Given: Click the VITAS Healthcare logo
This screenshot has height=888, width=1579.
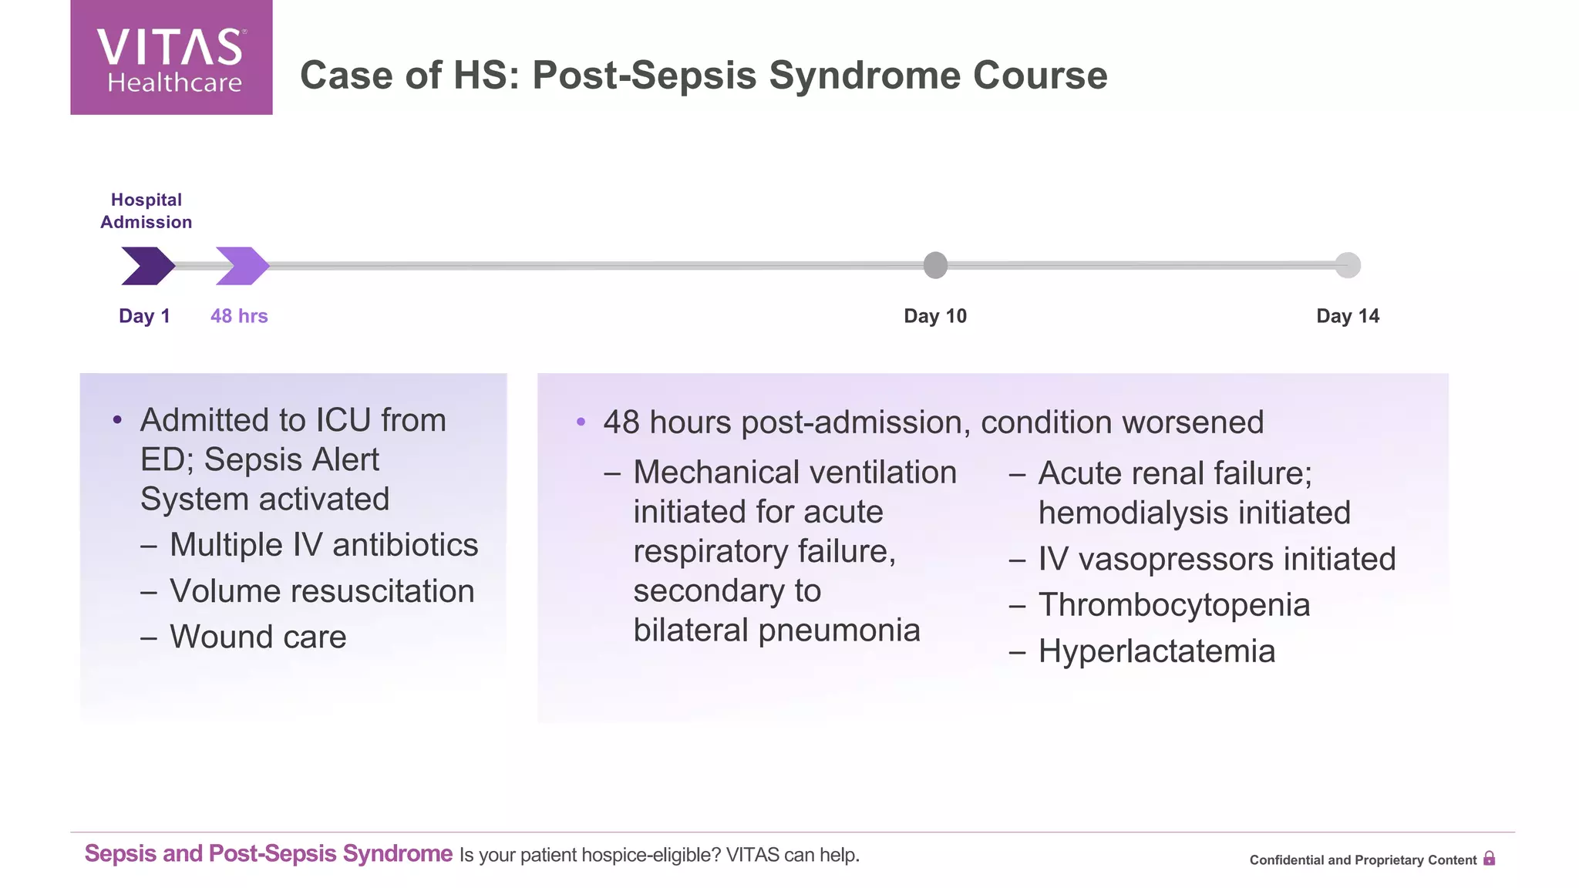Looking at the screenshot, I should coord(171,59).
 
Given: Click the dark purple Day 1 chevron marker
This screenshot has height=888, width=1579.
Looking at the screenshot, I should coord(147,266).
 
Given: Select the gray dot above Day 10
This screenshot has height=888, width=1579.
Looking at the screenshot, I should coord(935,265).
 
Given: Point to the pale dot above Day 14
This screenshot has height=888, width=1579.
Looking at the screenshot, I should coord(1348,265).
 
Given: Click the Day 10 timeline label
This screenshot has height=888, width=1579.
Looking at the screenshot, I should coord(934,316).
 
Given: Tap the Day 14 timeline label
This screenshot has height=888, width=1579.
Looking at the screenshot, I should coord(1347,316).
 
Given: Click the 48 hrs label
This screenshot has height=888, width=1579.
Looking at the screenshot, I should coord(239,316).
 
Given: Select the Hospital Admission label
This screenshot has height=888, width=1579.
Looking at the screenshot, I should coord(146,210).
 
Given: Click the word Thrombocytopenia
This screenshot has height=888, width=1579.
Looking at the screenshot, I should coord(1173,605).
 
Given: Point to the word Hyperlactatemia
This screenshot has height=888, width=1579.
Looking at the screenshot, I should coord(1156,651).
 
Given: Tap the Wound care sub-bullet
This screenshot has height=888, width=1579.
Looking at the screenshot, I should coord(258,637).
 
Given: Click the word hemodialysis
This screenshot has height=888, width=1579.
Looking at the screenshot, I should coord(1124,513).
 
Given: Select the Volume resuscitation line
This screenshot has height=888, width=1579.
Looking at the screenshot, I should coord(322,591).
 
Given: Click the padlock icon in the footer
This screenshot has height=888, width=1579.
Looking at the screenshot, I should coord(1489,859).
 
